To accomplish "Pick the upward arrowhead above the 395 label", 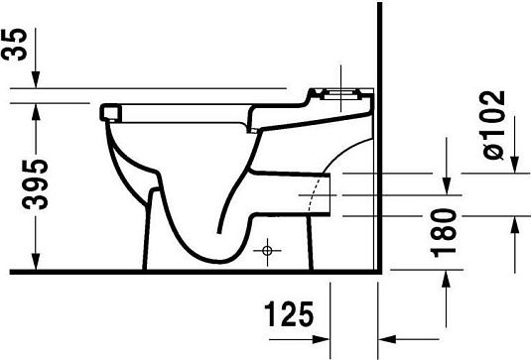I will point(36,107).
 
